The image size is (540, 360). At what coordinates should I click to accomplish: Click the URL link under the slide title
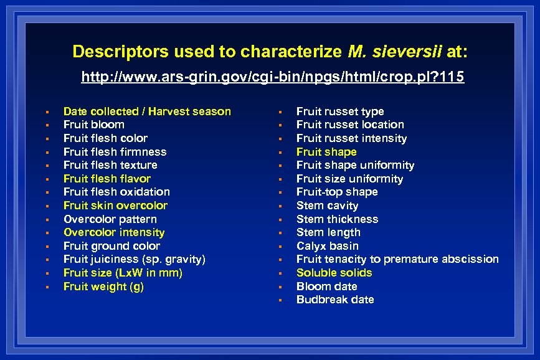click(273, 78)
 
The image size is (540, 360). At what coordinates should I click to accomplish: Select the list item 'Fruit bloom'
click(93, 125)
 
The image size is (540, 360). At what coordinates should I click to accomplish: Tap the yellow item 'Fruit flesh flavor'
click(107, 179)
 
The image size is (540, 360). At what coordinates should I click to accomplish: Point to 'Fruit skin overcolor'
click(115, 206)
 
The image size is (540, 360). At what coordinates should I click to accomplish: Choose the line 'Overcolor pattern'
click(110, 219)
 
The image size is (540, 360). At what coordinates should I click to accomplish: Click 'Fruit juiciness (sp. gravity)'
click(134, 259)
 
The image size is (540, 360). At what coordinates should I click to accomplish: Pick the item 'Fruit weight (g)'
click(103, 287)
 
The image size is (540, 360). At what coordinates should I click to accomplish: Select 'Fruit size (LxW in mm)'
click(123, 273)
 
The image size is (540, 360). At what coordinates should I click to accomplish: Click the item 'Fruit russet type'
click(340, 111)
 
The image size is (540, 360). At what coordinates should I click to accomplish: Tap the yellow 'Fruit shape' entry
click(326, 152)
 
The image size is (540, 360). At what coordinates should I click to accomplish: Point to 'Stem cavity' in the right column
click(327, 206)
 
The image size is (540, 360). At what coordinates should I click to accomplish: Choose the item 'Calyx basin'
click(327, 246)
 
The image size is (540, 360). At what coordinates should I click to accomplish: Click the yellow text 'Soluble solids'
click(334, 273)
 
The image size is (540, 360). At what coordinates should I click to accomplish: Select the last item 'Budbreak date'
click(335, 300)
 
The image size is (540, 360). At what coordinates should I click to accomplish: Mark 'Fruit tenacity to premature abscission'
click(397, 259)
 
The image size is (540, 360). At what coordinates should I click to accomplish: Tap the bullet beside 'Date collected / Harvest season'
click(47, 112)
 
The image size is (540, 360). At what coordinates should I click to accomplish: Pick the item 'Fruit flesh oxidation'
click(116, 192)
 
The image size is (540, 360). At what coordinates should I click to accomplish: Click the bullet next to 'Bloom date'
click(280, 287)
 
